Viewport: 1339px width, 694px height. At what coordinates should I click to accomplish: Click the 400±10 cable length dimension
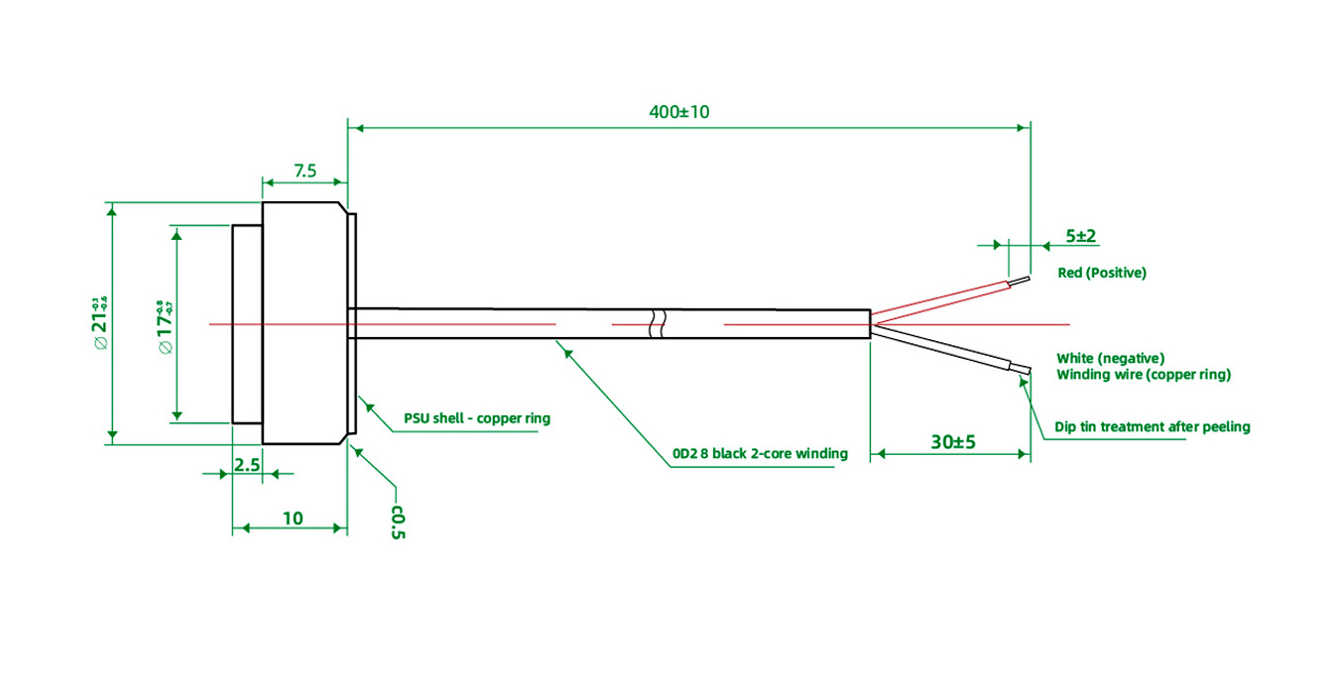(x=679, y=112)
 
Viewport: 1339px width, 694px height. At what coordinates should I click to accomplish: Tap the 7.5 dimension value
(x=304, y=171)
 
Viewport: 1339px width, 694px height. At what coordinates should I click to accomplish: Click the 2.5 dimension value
(x=247, y=463)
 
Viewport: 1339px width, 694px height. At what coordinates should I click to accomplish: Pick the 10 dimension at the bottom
(x=293, y=518)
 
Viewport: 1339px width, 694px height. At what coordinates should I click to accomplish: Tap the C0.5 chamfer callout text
(x=398, y=522)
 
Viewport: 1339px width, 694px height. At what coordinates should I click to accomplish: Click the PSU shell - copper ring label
(x=476, y=418)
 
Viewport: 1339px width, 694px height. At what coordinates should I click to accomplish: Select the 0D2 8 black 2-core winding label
(x=760, y=453)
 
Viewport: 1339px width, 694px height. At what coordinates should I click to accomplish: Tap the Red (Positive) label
(x=1101, y=273)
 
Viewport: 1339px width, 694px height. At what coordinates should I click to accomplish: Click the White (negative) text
(x=1110, y=358)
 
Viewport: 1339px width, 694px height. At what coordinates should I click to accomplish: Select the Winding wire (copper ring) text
(x=1143, y=375)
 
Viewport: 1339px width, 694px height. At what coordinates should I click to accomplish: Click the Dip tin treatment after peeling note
(x=1152, y=427)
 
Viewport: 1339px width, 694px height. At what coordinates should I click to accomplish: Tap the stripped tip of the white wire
(x=1021, y=370)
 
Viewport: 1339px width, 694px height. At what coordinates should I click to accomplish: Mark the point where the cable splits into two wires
(x=872, y=324)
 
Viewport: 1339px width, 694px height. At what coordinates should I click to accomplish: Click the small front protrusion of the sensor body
(x=247, y=324)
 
